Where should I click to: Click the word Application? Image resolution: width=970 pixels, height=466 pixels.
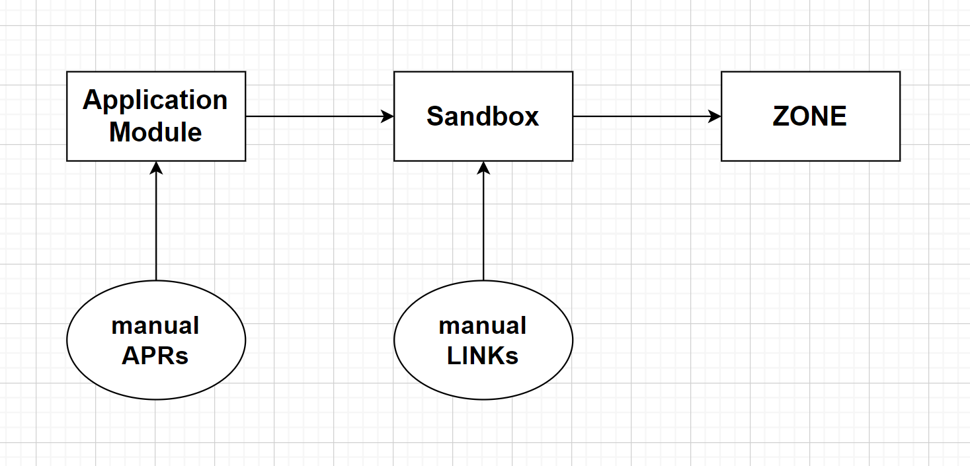coord(155,100)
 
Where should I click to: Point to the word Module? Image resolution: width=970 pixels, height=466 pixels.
coord(155,132)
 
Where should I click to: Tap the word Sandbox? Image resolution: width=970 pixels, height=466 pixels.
coord(483,116)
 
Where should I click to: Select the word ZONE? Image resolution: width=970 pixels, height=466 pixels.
coord(809,116)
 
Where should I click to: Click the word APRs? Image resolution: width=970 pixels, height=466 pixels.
coord(155,356)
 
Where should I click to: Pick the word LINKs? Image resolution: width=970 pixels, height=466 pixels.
coord(483,356)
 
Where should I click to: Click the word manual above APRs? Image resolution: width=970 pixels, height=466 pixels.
coord(155,326)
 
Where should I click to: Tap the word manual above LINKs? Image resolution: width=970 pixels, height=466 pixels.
coord(483,326)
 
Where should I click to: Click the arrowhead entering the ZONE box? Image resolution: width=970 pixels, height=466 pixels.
coord(715,116)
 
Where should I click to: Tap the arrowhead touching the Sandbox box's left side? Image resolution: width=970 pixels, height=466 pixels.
coord(387,116)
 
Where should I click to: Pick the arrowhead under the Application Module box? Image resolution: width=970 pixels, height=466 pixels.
coord(156,167)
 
